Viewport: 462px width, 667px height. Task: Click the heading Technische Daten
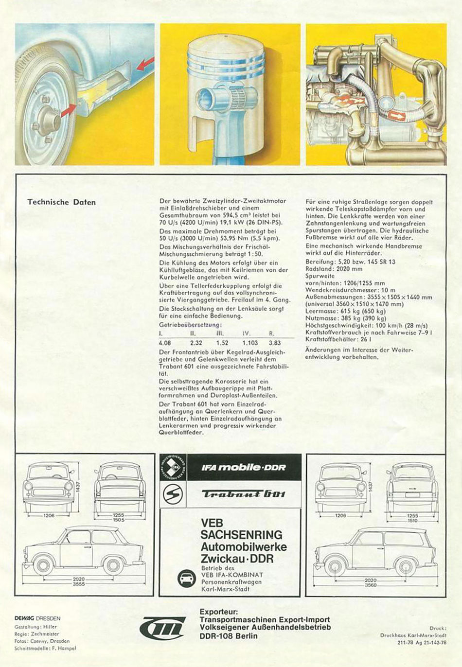[61, 202]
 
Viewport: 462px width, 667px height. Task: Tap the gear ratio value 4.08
[165, 342]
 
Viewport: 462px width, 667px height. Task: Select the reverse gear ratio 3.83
[275, 342]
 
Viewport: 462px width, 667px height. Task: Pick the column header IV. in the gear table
[247, 333]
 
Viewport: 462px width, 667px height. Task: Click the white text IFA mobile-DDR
[244, 467]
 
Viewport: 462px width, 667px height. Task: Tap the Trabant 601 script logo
[244, 494]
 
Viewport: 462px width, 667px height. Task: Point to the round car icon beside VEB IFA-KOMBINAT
[187, 579]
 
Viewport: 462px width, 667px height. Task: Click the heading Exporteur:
[219, 612]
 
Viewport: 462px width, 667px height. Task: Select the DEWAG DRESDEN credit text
[37, 618]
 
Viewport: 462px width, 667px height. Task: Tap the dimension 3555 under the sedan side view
[79, 584]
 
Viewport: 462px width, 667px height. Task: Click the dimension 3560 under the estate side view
[370, 585]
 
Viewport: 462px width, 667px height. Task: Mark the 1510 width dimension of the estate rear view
[412, 520]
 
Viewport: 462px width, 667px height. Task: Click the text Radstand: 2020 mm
[334, 269]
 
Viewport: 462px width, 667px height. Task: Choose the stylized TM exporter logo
[162, 628]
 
